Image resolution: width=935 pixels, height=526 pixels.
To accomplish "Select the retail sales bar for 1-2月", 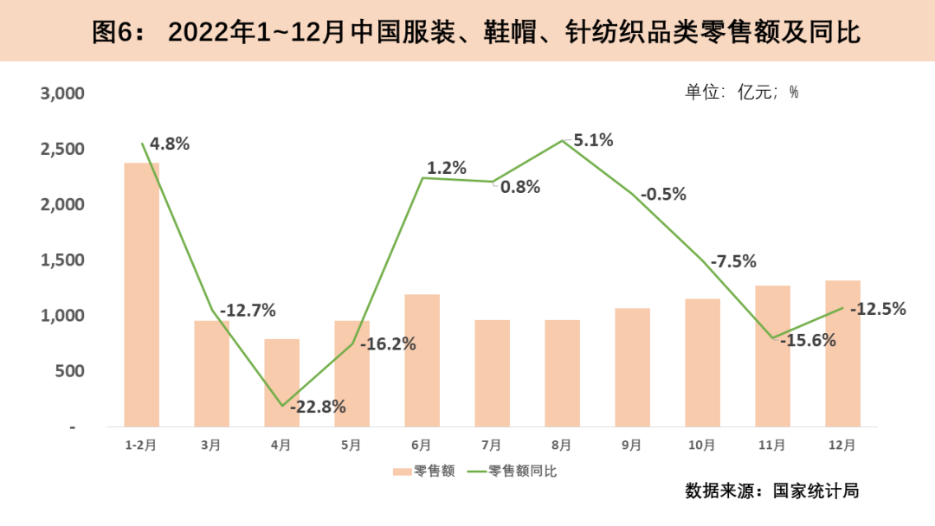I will coord(141,294).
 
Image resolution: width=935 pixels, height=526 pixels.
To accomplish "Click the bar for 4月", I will coord(281,382).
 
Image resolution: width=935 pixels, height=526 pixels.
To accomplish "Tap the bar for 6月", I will coord(422,360).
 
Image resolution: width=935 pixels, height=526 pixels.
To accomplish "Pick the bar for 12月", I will coord(842,353).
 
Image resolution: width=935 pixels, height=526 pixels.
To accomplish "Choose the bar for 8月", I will coord(562,373).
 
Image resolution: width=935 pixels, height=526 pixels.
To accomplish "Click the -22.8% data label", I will coord(318,407).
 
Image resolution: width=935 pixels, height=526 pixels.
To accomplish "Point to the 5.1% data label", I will coord(593,139).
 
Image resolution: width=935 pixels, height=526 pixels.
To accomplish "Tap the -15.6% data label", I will coord(808,341).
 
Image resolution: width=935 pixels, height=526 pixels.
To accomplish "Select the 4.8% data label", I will coord(169,144).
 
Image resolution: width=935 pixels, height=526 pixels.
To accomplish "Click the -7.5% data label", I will coord(733,261).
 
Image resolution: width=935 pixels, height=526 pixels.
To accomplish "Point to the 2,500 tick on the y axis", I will coord(63,150).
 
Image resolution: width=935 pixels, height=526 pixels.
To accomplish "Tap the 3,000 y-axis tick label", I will coord(63,93).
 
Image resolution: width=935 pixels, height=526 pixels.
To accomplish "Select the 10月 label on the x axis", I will coord(702,445).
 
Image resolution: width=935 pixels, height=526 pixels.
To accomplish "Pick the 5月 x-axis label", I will coord(351,445).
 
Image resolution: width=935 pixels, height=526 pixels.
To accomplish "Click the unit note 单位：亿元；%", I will coord(742,93).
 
